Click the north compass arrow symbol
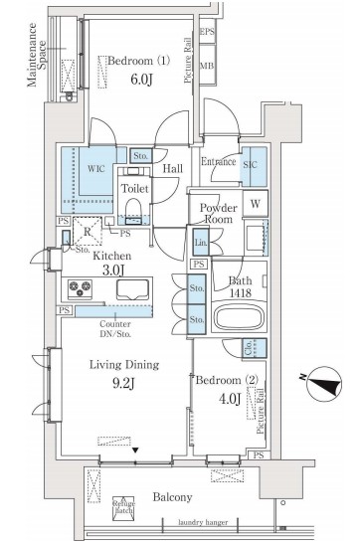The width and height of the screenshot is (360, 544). [324, 384]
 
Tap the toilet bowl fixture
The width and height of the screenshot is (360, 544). [133, 210]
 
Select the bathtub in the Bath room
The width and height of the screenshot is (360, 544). [239, 317]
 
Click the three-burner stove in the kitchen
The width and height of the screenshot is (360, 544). [81, 288]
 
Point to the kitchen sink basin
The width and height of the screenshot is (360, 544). [133, 289]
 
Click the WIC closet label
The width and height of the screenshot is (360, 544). [96, 169]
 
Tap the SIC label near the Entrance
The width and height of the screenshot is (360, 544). [250, 164]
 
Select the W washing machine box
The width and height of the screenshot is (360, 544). [256, 203]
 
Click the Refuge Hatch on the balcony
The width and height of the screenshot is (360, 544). [123, 508]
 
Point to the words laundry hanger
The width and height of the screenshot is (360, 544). [203, 522]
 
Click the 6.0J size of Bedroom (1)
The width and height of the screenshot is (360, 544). [141, 80]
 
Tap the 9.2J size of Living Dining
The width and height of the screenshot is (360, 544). [123, 383]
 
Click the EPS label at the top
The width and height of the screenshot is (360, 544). [207, 32]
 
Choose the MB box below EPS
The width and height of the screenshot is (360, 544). [207, 66]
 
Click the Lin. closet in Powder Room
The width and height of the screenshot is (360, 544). [201, 243]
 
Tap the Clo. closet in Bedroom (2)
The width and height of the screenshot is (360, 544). [255, 348]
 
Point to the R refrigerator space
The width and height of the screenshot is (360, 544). [88, 232]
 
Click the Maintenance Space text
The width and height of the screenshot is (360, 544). [37, 55]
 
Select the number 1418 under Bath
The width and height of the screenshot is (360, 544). [241, 293]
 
